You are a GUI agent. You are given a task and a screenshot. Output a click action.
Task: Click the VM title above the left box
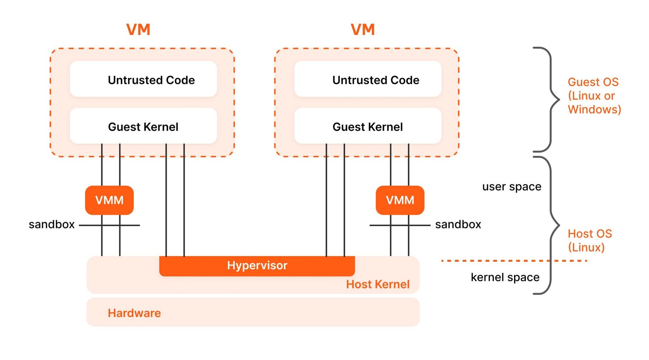(138, 30)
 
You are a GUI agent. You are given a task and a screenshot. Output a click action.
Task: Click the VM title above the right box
(363, 30)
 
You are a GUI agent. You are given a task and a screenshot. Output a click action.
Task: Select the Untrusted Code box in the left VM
(144, 79)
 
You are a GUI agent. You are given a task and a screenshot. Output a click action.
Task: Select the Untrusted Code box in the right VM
(368, 79)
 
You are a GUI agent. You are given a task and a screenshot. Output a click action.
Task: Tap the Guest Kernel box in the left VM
(144, 126)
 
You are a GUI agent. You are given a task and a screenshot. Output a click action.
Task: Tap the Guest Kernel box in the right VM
(368, 126)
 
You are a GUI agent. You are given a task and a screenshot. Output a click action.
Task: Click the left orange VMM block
(110, 200)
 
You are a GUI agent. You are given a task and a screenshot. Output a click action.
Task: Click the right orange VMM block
(400, 200)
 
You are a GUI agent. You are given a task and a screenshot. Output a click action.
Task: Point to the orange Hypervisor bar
(257, 266)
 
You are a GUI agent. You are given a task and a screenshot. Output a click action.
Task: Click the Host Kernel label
(378, 285)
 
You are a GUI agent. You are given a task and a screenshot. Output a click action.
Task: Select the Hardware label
(134, 313)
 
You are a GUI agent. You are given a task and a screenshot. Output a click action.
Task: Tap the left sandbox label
(52, 225)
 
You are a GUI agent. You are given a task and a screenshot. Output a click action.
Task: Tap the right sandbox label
(458, 225)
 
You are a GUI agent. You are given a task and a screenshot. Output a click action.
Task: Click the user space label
(511, 187)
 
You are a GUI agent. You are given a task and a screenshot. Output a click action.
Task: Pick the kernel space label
(505, 277)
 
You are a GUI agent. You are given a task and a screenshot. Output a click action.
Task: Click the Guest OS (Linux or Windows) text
(594, 96)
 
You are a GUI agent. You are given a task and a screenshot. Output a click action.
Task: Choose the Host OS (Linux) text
(590, 240)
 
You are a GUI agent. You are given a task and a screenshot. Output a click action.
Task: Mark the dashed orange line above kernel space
(514, 261)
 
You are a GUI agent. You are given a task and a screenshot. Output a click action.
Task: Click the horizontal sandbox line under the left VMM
(110, 225)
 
